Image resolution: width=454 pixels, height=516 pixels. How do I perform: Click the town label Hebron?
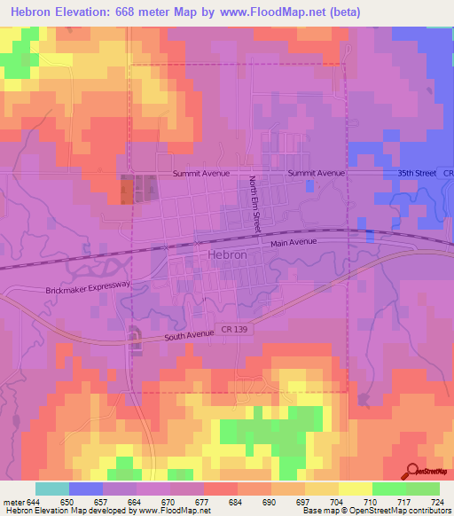[226, 254]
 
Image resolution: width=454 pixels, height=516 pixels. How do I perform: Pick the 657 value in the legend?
[100, 501]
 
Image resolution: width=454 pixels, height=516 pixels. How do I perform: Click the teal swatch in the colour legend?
[51, 489]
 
